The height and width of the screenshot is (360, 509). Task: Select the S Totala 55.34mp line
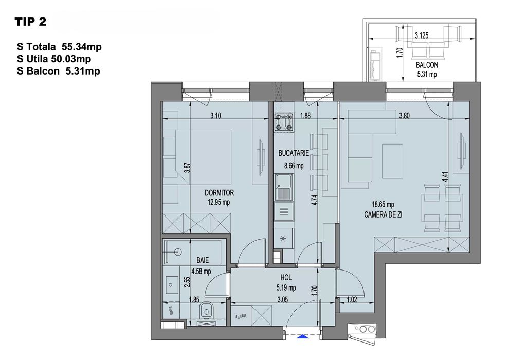59,47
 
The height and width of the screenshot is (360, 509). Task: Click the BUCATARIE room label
293,153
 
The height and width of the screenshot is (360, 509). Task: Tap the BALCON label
427,65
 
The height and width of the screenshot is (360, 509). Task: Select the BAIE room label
195,261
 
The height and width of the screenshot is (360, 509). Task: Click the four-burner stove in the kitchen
284,123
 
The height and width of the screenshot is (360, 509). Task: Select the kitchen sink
284,186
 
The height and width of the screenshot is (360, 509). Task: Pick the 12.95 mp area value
219,203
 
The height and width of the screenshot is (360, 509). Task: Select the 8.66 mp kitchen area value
293,166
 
